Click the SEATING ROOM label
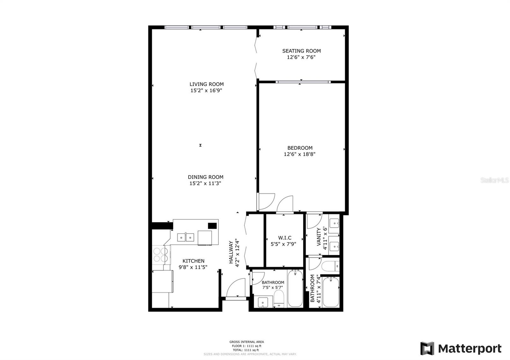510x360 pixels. (x=301, y=51)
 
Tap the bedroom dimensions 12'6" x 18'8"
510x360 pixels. (x=300, y=154)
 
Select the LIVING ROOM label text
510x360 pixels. (x=207, y=84)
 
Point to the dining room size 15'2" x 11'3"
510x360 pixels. (x=205, y=184)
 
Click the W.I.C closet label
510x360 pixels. (x=285, y=238)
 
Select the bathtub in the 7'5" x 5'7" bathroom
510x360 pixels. (x=295, y=288)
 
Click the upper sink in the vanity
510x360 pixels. (x=334, y=223)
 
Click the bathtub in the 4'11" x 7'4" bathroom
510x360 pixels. (x=331, y=292)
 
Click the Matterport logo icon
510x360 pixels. (x=427, y=348)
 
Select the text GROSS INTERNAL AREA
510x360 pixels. (x=246, y=342)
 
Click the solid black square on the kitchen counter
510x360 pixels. (x=212, y=226)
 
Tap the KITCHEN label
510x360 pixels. (x=193, y=261)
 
